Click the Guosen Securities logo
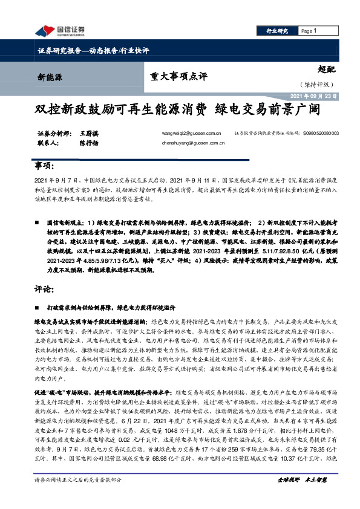(x=61, y=31)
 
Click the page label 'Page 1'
(x=308, y=31)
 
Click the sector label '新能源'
(x=50, y=77)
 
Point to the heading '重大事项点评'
(x=178, y=76)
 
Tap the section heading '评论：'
(x=44, y=290)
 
